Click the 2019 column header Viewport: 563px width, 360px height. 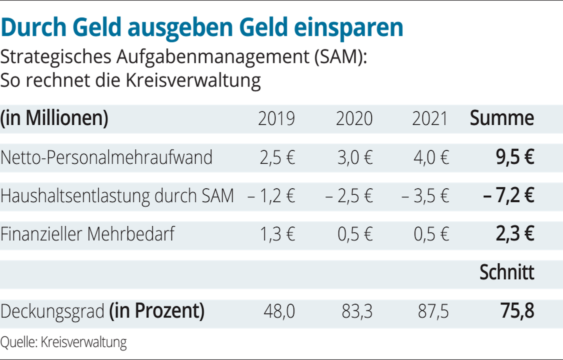(x=276, y=119)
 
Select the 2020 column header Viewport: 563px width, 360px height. (x=354, y=119)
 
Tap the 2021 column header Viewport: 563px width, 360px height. (x=430, y=119)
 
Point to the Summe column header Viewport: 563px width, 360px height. (x=502, y=118)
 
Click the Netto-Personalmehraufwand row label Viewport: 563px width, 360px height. (x=106, y=157)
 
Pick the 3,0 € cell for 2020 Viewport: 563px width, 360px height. (x=355, y=157)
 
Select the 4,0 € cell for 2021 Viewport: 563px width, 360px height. (x=431, y=157)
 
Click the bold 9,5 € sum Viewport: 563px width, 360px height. (x=515, y=157)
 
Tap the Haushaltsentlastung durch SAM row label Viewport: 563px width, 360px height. (x=117, y=196)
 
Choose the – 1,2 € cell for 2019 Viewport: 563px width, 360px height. (x=271, y=196)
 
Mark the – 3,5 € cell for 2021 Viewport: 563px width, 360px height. (x=425, y=196)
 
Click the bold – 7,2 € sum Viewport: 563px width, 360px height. (x=508, y=195)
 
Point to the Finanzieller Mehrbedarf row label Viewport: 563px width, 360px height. (x=88, y=234)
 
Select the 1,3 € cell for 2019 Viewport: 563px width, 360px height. (x=277, y=234)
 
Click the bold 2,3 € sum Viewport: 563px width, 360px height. (x=515, y=234)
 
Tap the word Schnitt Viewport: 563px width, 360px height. (x=507, y=273)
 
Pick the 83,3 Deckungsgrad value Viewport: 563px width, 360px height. (x=357, y=312)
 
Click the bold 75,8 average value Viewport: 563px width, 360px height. (x=517, y=311)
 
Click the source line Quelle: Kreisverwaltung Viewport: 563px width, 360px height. (x=64, y=343)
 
